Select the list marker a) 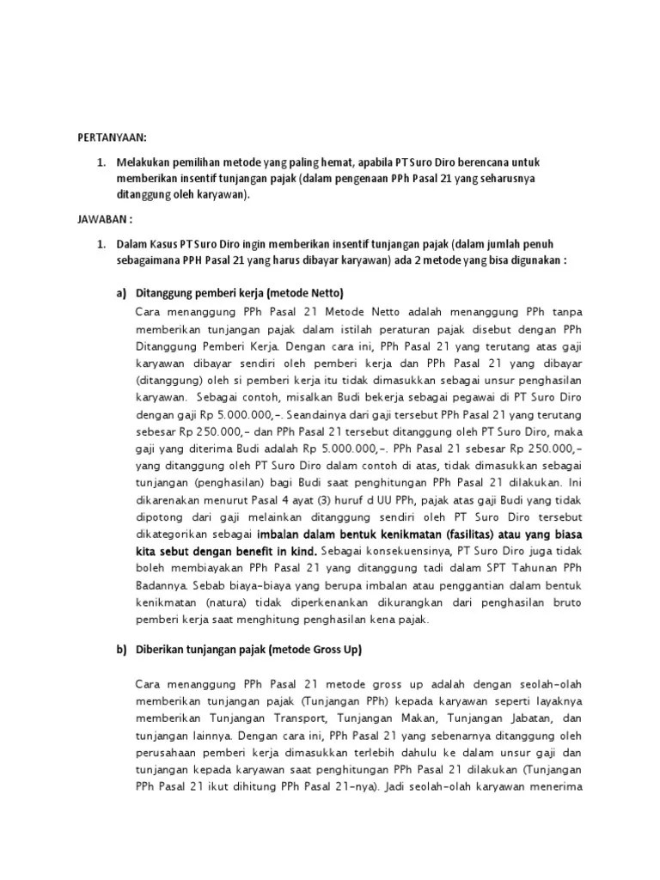[121, 294]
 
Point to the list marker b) [121, 651]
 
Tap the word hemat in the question [323, 162]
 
